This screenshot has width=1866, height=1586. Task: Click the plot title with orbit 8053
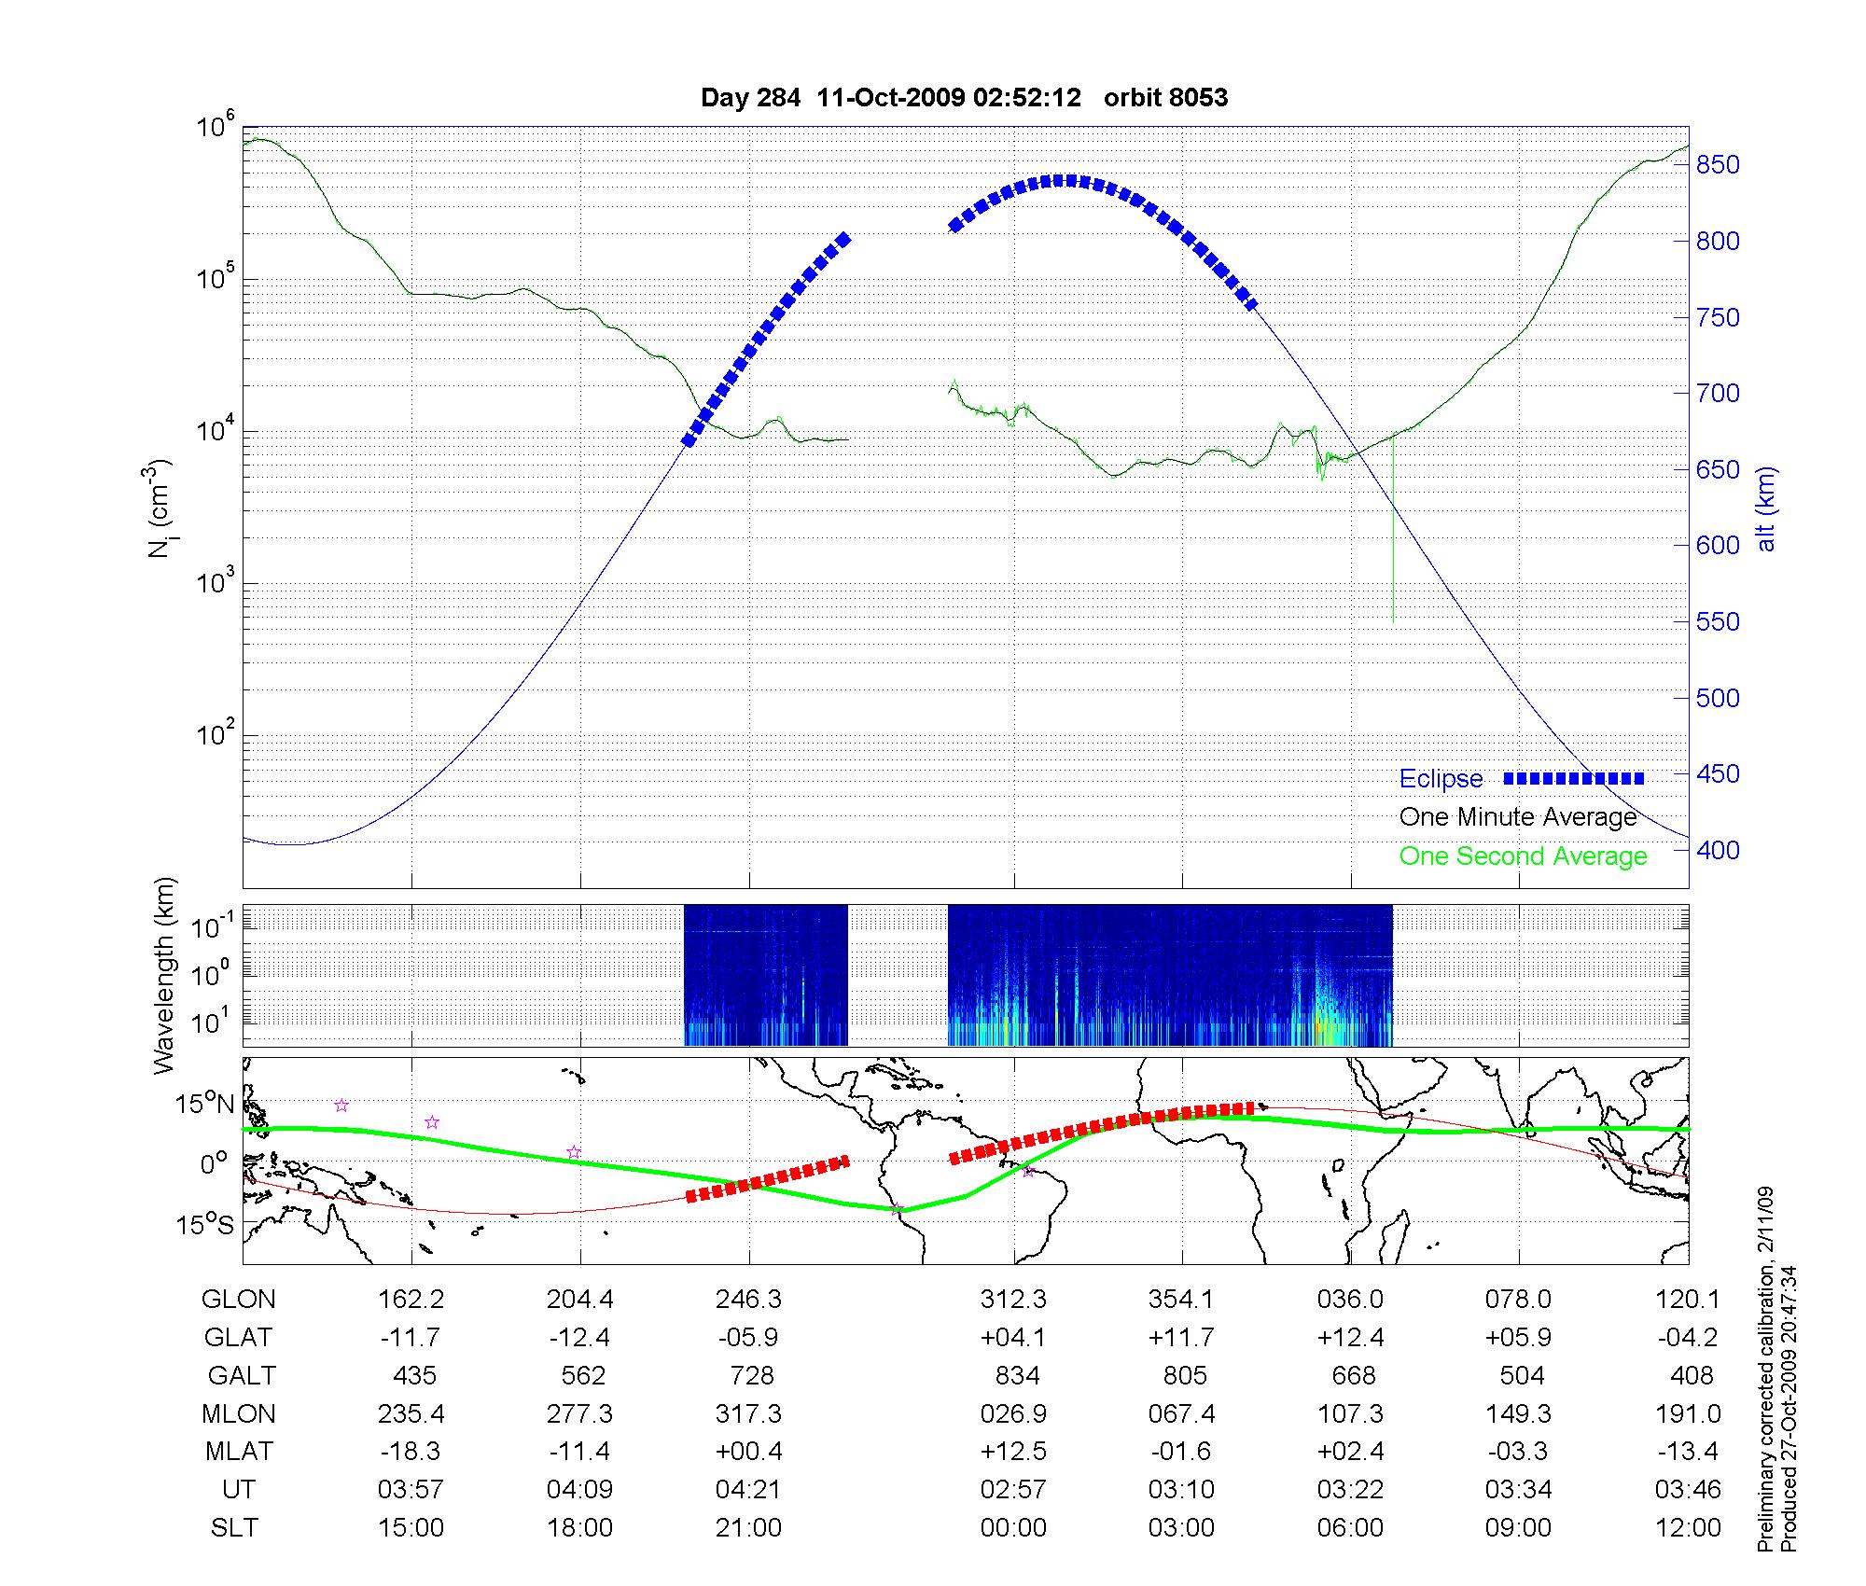click(964, 97)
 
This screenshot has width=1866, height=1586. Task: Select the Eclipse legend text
click(1441, 779)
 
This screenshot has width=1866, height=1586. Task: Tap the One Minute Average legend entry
click(1518, 817)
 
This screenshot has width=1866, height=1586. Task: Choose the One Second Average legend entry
click(1523, 856)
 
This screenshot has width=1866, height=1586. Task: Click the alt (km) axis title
click(1766, 509)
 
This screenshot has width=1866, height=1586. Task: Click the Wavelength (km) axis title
click(164, 976)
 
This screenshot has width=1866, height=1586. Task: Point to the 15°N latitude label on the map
click(206, 1105)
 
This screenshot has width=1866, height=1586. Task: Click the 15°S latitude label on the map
click(206, 1224)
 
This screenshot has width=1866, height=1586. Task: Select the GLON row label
click(239, 1300)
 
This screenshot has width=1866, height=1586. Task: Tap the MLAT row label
click(239, 1453)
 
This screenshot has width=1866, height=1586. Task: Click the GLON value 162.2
click(411, 1300)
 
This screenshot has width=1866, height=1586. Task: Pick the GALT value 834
click(1016, 1376)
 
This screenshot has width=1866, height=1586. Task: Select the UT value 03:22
click(1350, 1490)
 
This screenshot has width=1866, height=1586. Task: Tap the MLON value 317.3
click(748, 1414)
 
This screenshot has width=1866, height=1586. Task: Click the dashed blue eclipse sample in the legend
click(1573, 778)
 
